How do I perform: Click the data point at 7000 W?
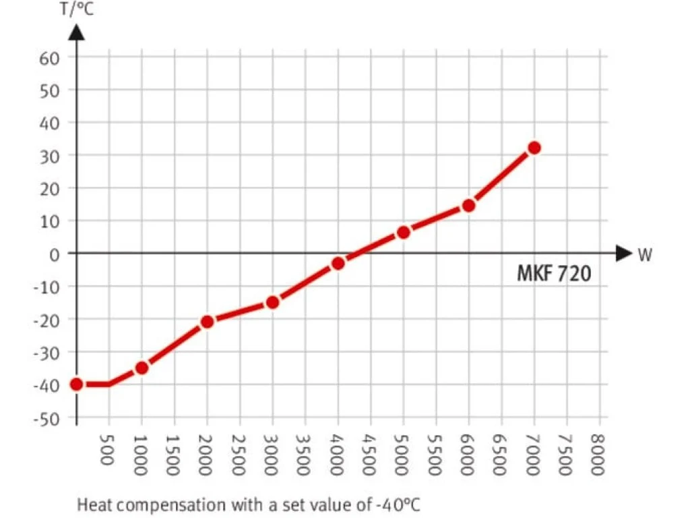[534, 148]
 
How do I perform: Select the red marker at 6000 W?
[469, 205]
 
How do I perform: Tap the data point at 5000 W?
[404, 232]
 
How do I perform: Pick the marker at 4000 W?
[338, 263]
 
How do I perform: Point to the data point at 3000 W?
[272, 302]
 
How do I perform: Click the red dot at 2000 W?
[207, 322]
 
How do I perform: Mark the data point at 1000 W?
[142, 368]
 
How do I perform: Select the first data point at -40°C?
[77, 384]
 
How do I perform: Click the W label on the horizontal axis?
[644, 255]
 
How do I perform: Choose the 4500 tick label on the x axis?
[371, 453]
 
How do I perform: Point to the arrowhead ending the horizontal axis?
[623, 254]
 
